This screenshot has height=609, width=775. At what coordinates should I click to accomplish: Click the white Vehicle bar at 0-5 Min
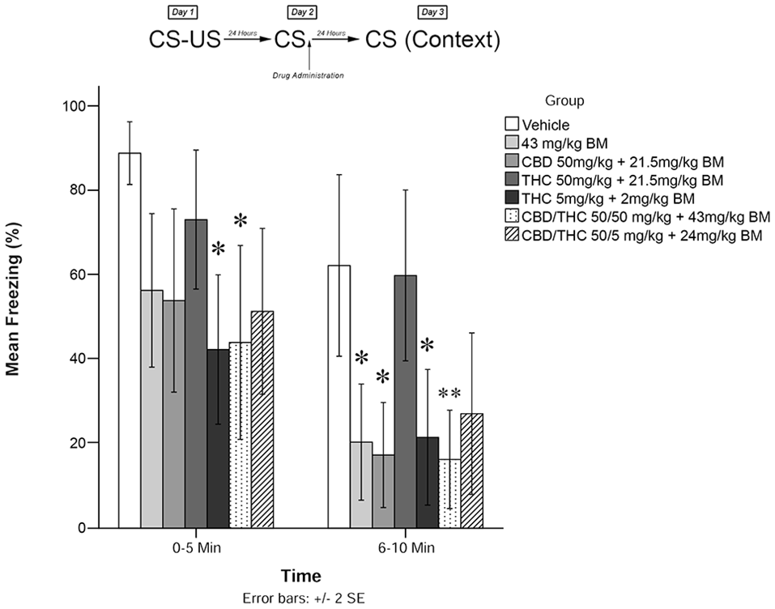pos(130,340)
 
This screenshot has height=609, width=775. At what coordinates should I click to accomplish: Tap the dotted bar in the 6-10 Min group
pos(449,493)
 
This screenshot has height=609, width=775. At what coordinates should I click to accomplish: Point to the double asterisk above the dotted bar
pos(449,394)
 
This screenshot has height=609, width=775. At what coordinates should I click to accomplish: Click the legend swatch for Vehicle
pos(512,125)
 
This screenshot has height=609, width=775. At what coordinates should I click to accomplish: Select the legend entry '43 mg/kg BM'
pos(559,143)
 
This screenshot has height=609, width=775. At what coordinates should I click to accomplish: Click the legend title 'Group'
pos(564,101)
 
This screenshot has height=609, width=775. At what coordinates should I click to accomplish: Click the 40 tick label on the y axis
pos(79,359)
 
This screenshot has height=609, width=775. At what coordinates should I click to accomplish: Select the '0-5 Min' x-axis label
pos(196,547)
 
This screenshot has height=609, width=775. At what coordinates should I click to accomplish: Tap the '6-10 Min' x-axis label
pos(405,547)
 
